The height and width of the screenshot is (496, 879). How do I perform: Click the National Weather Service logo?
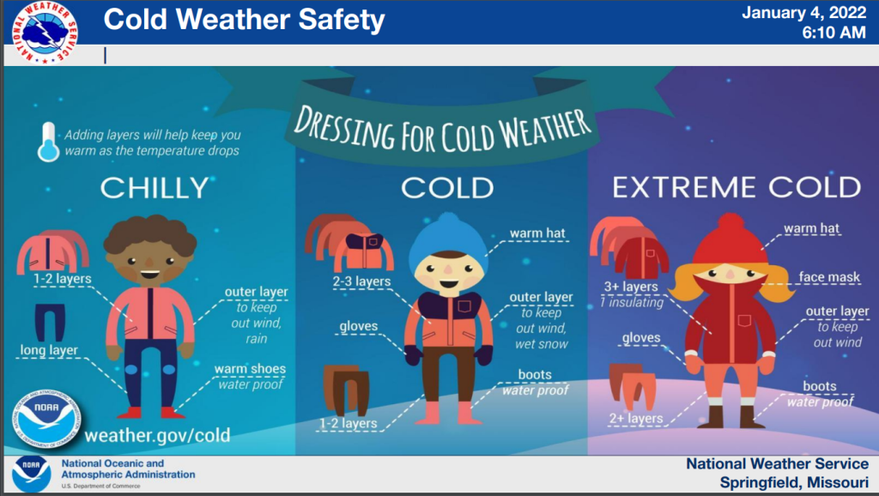(x=45, y=32)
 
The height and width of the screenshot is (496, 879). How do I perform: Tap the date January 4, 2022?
(x=803, y=13)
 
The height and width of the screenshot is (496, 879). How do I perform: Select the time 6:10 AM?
(x=834, y=33)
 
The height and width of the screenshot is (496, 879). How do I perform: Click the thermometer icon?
(x=48, y=142)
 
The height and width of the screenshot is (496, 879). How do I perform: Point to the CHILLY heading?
(x=155, y=188)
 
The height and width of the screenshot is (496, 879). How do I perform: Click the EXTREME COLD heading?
(x=736, y=187)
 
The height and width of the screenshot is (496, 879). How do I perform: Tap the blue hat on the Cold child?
(x=448, y=238)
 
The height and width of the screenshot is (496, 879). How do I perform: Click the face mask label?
(x=829, y=277)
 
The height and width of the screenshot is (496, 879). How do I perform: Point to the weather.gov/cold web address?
(x=158, y=435)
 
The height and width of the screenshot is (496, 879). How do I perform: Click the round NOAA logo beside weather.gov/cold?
(x=46, y=418)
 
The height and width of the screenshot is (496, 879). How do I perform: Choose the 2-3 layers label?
(x=361, y=281)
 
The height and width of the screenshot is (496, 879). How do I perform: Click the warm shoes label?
(x=250, y=369)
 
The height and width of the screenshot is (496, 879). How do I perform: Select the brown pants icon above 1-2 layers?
(x=347, y=390)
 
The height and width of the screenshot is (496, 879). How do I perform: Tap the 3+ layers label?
(x=631, y=287)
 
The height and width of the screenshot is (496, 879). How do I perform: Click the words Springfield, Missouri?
(x=794, y=482)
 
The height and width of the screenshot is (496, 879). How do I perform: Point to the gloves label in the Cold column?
(x=358, y=326)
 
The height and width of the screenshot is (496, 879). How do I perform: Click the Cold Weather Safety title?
(x=245, y=20)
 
